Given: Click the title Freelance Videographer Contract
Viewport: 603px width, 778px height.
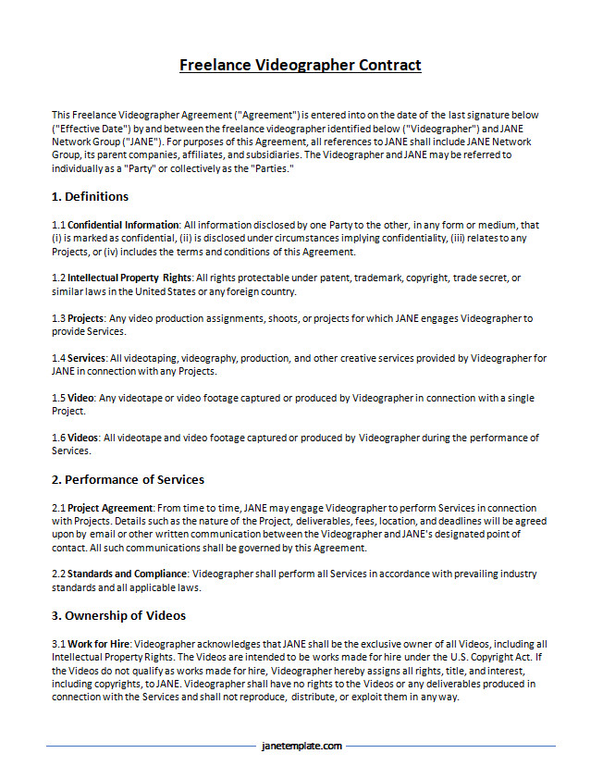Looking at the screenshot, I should [301, 65].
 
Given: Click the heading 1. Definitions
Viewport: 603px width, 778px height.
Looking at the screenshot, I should [90, 196].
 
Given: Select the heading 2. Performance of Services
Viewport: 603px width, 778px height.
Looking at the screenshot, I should [128, 479].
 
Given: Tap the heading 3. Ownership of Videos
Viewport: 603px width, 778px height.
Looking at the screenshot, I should [118, 615].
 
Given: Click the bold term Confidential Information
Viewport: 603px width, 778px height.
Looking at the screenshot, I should [123, 225].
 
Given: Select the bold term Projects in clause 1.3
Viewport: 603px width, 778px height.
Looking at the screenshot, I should [85, 318].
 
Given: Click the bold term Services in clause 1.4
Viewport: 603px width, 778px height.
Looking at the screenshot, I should [86, 358].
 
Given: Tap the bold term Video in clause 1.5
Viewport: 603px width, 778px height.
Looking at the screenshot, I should [81, 398].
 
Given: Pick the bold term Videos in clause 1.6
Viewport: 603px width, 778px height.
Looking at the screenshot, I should [84, 438].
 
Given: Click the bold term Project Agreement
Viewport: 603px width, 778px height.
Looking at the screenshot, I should [111, 508].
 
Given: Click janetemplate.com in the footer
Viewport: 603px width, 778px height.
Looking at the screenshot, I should [301, 746].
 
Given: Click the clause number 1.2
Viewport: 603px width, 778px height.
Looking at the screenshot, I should [58, 278].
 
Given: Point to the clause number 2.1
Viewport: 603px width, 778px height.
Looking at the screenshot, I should [58, 508].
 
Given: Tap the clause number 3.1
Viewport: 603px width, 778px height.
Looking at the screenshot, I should [58, 644].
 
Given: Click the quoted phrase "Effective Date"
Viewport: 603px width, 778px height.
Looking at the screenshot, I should [88, 128].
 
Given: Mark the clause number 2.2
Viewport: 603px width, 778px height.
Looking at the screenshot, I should [58, 574].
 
